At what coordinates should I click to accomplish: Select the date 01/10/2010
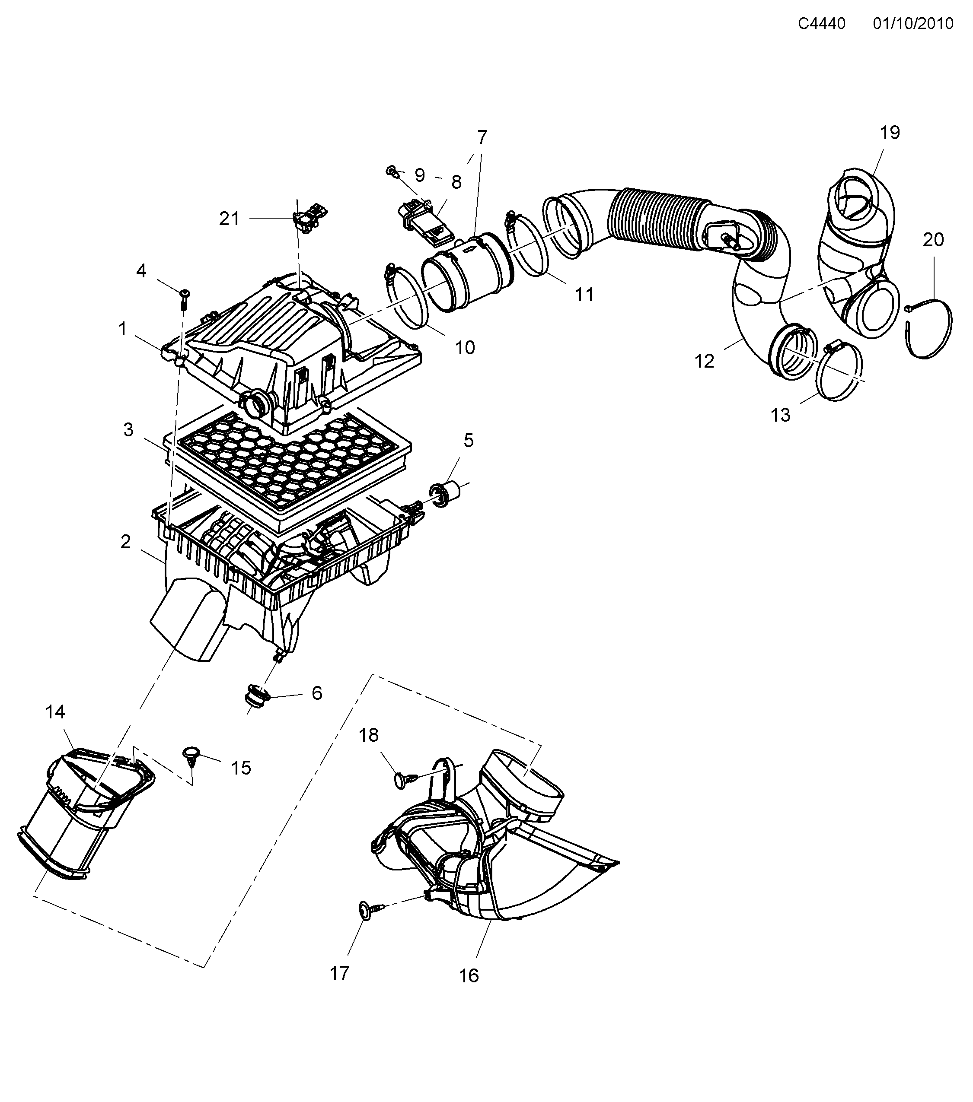click(x=913, y=24)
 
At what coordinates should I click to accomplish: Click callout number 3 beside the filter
click(x=128, y=430)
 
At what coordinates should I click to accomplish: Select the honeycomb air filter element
click(x=286, y=464)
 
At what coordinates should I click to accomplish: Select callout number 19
click(x=890, y=132)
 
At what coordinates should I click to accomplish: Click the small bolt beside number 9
click(x=392, y=172)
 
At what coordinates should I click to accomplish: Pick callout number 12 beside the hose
click(x=704, y=361)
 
